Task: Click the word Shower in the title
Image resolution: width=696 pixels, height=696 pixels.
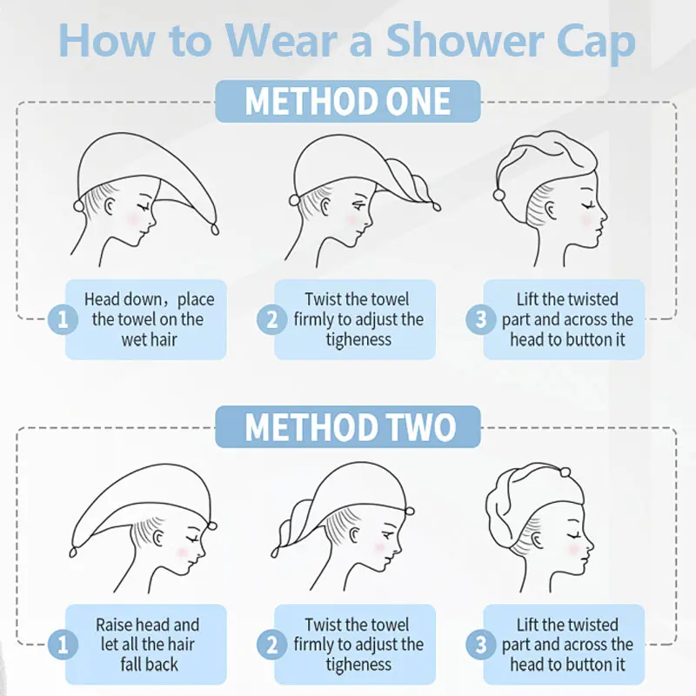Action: pos(465,40)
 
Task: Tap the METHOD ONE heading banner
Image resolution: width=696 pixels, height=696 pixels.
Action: pos(348,101)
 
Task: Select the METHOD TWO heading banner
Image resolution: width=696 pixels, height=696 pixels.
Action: pos(348,426)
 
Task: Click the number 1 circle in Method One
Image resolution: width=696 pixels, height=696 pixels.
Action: pos(63,319)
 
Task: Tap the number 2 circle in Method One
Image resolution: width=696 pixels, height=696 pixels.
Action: pos(271,319)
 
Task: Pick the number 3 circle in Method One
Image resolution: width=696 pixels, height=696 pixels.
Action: pos(481,319)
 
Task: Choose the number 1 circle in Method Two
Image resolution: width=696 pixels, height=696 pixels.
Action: pos(63,644)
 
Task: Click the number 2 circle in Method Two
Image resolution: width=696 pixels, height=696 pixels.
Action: pos(271,644)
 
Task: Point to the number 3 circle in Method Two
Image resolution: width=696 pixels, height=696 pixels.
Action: pos(481,644)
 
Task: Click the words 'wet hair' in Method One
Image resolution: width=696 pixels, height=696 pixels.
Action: pos(149,340)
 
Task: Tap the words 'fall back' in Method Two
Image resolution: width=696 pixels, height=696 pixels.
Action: pos(149,665)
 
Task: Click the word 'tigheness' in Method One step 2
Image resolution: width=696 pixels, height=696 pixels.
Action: pos(358,340)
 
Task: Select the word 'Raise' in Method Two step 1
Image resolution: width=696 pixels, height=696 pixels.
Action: pos(114,625)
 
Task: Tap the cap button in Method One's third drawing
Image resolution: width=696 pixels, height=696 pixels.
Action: pos(499,194)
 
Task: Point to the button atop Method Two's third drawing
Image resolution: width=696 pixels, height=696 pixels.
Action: pos(565,472)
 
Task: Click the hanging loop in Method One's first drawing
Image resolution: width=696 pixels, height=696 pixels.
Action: pos(215,230)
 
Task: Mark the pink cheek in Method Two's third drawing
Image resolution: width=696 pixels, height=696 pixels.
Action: pos(574,549)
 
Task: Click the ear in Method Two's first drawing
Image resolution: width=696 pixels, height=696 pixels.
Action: pos(157,539)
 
